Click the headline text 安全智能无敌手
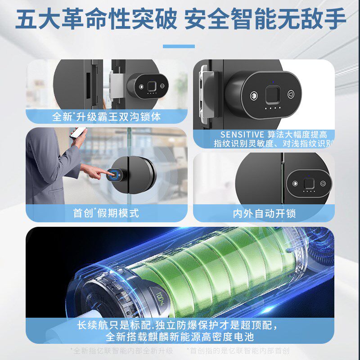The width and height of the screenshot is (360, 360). [x=265, y=20]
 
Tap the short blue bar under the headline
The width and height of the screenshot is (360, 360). [x=179, y=46]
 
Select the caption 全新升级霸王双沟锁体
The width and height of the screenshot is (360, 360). [x=107, y=117]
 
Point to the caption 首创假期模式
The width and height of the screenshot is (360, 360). [x=106, y=212]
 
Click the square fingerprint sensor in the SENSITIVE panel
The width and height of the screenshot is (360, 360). [x=271, y=94]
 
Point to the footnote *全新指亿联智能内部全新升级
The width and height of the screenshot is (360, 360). [x=122, y=351]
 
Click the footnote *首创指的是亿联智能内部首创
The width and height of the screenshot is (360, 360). [x=238, y=351]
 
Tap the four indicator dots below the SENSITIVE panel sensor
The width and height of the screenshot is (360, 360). [x=271, y=108]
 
